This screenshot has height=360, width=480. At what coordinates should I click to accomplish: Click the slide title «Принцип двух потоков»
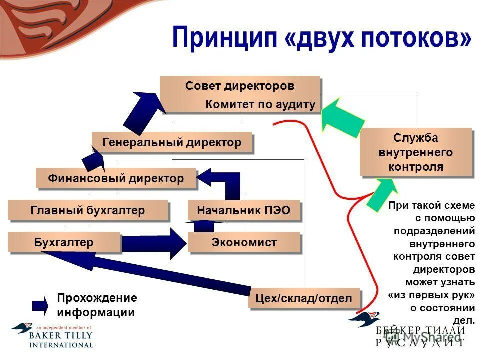[x=321, y=39]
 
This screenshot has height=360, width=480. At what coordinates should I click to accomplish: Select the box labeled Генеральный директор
[x=172, y=142]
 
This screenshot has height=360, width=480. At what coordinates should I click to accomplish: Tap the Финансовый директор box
[x=116, y=178]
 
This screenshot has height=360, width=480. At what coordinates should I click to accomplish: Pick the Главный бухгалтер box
[x=88, y=210]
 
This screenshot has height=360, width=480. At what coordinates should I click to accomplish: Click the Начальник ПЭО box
[x=244, y=210]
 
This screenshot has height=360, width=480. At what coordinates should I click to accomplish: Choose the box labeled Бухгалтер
[x=64, y=242]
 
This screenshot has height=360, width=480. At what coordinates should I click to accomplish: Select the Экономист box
[x=244, y=242]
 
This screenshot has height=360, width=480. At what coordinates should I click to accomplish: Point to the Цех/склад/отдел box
[x=304, y=299]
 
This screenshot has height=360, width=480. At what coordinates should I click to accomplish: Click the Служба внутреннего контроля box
[x=416, y=152]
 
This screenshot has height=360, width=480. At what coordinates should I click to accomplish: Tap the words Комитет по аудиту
[x=261, y=104]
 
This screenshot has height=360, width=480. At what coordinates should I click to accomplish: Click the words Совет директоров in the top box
[x=240, y=86]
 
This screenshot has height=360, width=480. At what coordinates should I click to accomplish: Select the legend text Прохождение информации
[x=96, y=305]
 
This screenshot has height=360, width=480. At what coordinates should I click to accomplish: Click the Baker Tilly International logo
[x=52, y=335]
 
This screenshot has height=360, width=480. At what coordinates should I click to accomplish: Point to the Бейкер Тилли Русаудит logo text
[x=420, y=336]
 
